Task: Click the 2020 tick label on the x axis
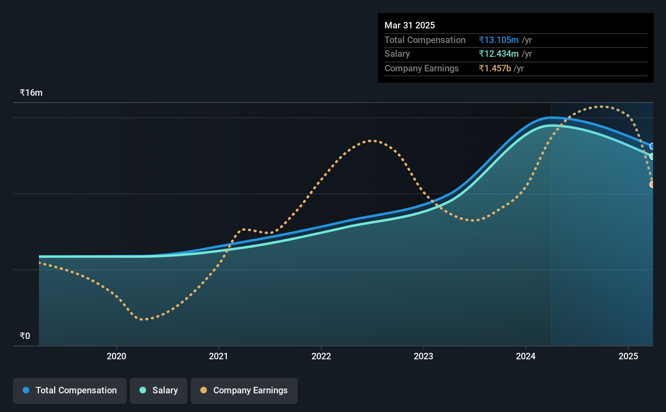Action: point(116,356)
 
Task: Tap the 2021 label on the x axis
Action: point(219,356)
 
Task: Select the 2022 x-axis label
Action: point(321,356)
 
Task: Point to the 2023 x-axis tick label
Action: point(423,356)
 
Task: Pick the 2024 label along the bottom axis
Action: point(526,356)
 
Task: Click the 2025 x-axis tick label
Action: point(628,356)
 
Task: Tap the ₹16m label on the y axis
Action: point(31,93)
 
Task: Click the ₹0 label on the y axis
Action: point(25,336)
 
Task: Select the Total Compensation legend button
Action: point(70,391)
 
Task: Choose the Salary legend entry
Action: point(159,391)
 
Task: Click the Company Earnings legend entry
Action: point(244,391)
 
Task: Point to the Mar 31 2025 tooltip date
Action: point(409,25)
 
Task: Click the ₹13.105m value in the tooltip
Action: point(498,40)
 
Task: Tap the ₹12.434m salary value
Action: point(498,54)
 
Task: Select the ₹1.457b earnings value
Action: point(495,69)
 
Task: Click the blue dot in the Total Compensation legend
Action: point(26,390)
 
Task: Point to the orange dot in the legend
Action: point(204,390)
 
